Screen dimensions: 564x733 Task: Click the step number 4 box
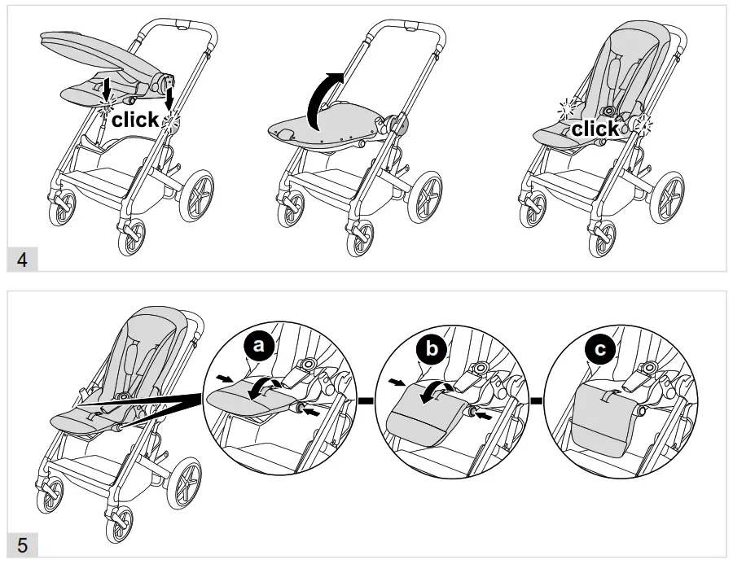tap(23, 260)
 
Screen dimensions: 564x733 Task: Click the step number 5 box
tap(23, 544)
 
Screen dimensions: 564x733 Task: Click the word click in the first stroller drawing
tap(135, 120)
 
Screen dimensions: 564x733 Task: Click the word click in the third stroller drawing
tap(595, 129)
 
